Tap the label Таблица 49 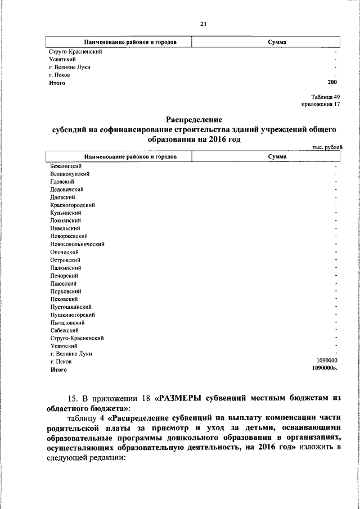click(x=326, y=97)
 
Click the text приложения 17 click(x=321, y=104)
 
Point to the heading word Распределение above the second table click(x=195, y=119)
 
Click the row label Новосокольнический click(x=77, y=244)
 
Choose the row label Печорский click(x=64, y=276)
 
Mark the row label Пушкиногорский click(x=72, y=315)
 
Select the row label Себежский click(x=64, y=331)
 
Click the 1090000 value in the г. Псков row click(x=327, y=362)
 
